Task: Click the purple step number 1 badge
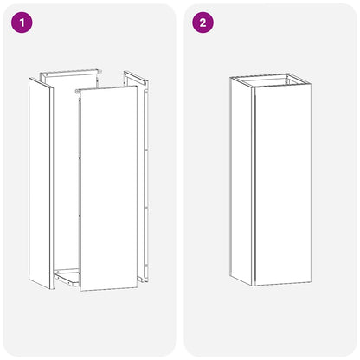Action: click(23, 23)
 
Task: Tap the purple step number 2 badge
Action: click(203, 23)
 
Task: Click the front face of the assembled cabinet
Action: click(282, 186)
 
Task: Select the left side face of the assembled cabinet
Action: click(242, 182)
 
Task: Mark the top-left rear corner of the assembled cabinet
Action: click(232, 77)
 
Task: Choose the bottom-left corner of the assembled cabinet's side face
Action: click(232, 273)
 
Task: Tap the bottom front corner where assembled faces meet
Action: click(254, 286)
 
